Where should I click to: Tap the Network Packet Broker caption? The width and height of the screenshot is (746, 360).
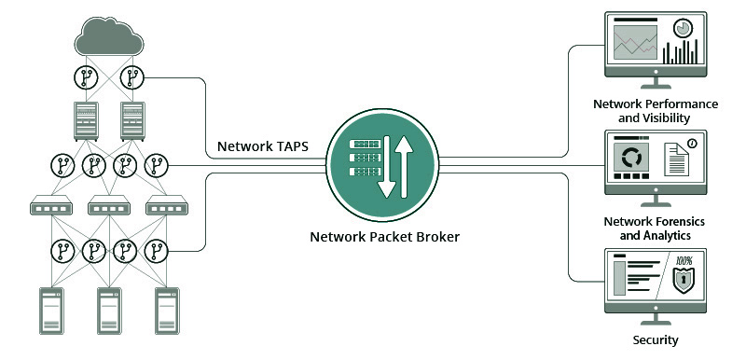click(385, 236)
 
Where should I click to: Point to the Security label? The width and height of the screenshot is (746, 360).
click(656, 340)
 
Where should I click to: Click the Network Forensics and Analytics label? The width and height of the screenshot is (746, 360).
click(655, 228)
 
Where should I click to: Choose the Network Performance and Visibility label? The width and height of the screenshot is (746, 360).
click(655, 111)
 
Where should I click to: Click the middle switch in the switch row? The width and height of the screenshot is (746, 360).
click(110, 206)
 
